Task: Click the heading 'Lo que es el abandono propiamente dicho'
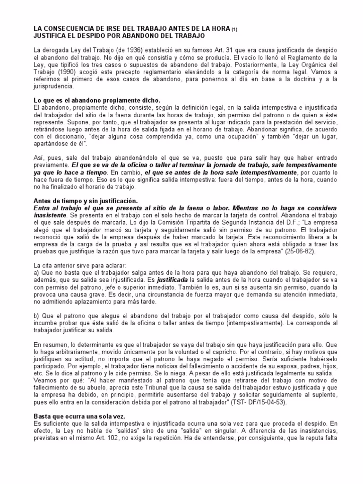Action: (97, 101)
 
